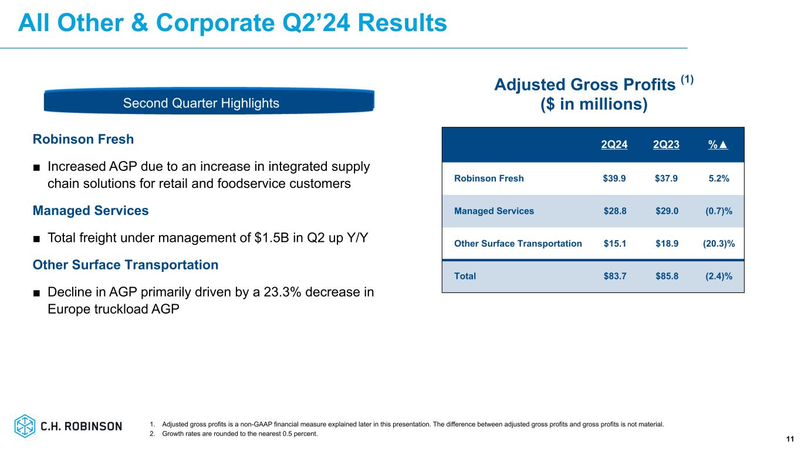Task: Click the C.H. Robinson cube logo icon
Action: (25, 426)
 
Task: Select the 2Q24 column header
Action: (614, 146)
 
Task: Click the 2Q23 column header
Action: (666, 146)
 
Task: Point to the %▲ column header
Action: (718, 146)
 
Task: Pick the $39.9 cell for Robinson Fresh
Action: (614, 179)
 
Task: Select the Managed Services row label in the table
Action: (494, 211)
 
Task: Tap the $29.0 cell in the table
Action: (666, 211)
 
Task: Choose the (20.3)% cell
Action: (719, 243)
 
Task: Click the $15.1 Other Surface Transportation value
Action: (614, 243)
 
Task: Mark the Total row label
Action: (465, 276)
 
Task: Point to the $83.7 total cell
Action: (614, 276)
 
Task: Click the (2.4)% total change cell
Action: (719, 276)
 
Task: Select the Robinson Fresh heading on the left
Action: (83, 140)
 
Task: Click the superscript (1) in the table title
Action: (687, 80)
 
